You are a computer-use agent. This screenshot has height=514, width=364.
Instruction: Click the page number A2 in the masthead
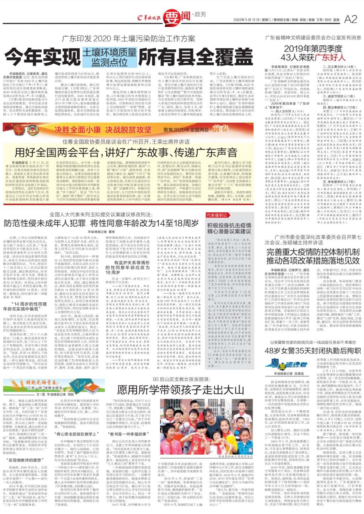tap(350, 19)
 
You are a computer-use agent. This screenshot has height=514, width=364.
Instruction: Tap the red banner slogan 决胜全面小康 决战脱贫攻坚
tap(103, 129)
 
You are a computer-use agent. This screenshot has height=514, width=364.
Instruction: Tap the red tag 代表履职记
tap(217, 215)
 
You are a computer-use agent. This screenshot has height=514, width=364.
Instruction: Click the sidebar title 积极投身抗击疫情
tap(229, 226)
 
